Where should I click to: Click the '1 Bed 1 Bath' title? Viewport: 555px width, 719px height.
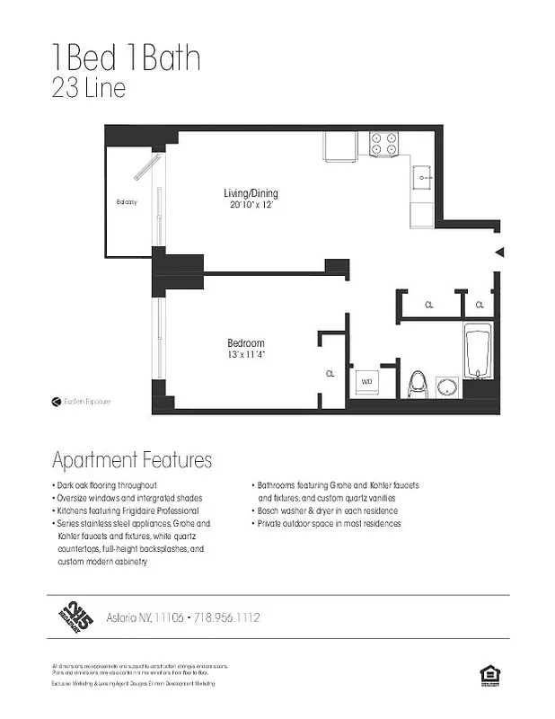pos(126,58)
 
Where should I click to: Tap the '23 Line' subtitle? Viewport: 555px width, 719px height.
pos(89,90)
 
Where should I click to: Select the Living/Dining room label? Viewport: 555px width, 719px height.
pos(251,193)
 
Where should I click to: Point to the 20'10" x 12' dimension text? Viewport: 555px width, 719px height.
pos(251,205)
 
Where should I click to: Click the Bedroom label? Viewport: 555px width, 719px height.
pos(245,343)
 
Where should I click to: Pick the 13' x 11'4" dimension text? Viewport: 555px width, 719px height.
pos(245,355)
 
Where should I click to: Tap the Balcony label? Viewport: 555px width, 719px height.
pos(127,202)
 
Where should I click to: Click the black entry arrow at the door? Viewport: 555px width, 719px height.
pos(500,253)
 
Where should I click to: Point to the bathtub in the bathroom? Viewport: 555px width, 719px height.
pos(476,355)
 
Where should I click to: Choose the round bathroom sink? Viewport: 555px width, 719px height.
pos(447,386)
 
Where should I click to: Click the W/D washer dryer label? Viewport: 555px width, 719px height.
pos(366,382)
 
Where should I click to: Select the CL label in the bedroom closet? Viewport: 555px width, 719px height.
pos(330,373)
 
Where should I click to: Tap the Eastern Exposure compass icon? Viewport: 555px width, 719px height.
pos(56,402)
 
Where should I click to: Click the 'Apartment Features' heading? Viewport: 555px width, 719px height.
pos(132,460)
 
